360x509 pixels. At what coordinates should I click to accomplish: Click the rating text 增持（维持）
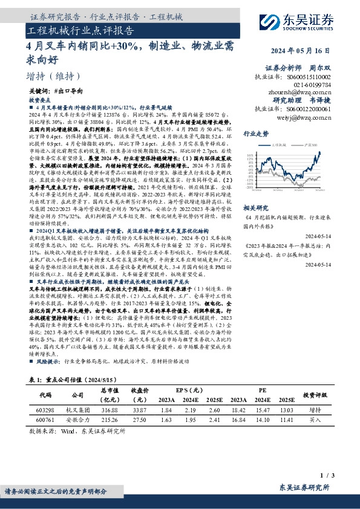(54, 76)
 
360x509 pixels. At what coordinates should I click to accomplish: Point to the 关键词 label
(40, 90)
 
